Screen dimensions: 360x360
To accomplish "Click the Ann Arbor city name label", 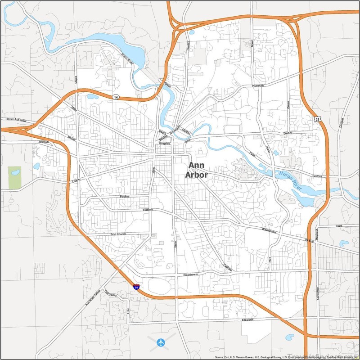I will pos(196,170).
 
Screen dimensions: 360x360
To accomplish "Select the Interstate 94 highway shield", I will pos(136,286).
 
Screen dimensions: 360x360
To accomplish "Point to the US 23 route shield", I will pos(318,119).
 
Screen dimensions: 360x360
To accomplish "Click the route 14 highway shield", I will pos(116,97).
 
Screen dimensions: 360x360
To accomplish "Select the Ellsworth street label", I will pos(247,319).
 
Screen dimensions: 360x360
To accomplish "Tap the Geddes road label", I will pos(317,176).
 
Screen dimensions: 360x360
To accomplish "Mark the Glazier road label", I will pos(288,133).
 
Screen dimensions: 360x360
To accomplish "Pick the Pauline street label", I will pos(125,197).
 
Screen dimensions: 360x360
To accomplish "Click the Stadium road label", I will pos(148,210).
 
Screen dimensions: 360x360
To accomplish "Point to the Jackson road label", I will pos(43,142).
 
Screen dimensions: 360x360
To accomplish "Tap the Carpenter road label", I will pos(317,294).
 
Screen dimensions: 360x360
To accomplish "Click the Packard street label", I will pos(227,267).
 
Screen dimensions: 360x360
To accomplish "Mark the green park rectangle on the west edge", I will pos(14,177).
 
